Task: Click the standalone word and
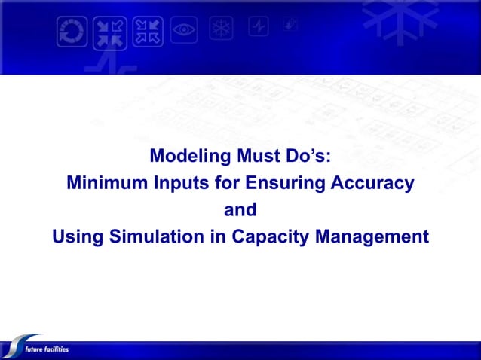240,210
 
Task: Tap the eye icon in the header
184,31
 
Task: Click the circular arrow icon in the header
72,32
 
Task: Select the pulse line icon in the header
259,27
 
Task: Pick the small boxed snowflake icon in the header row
222,29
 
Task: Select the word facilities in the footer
56,349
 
